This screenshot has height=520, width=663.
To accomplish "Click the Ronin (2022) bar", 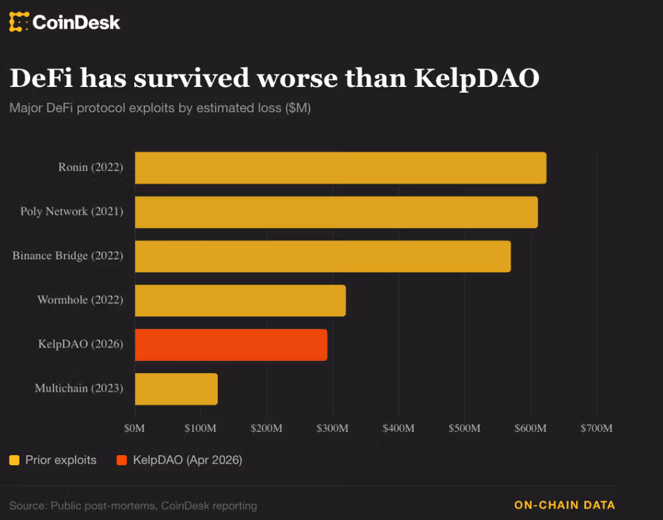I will pos(340,168).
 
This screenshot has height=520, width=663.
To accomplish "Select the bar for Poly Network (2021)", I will pos(336,212).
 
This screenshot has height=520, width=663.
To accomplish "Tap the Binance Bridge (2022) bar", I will pos(323,256).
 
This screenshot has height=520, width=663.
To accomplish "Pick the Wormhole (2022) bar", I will pos(240,300).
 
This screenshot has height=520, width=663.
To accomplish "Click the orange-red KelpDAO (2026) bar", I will pos(231,344).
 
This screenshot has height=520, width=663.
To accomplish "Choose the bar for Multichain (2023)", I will pos(176,388).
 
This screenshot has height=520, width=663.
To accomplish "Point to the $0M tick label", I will pos(135,428).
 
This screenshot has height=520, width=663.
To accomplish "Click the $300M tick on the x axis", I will pos(332,428).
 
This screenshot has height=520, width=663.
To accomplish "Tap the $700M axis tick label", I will pos(595,428).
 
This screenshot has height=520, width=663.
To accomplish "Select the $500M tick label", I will pos(464,428).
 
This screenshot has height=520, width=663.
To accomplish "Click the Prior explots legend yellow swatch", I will pos(14,460).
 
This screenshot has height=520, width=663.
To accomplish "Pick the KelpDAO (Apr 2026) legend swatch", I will pos(122,460).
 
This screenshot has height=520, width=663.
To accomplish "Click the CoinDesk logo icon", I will pos(19,22).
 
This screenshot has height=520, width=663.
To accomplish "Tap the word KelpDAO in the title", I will pos(477,78).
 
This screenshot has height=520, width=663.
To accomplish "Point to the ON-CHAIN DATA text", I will pos(564,505).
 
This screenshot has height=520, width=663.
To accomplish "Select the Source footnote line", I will pos(133,505).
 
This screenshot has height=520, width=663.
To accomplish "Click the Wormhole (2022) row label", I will pos(80,300).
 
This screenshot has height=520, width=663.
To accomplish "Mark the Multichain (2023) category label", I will pos(79,388).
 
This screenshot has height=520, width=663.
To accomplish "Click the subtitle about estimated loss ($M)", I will pos(160,108).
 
